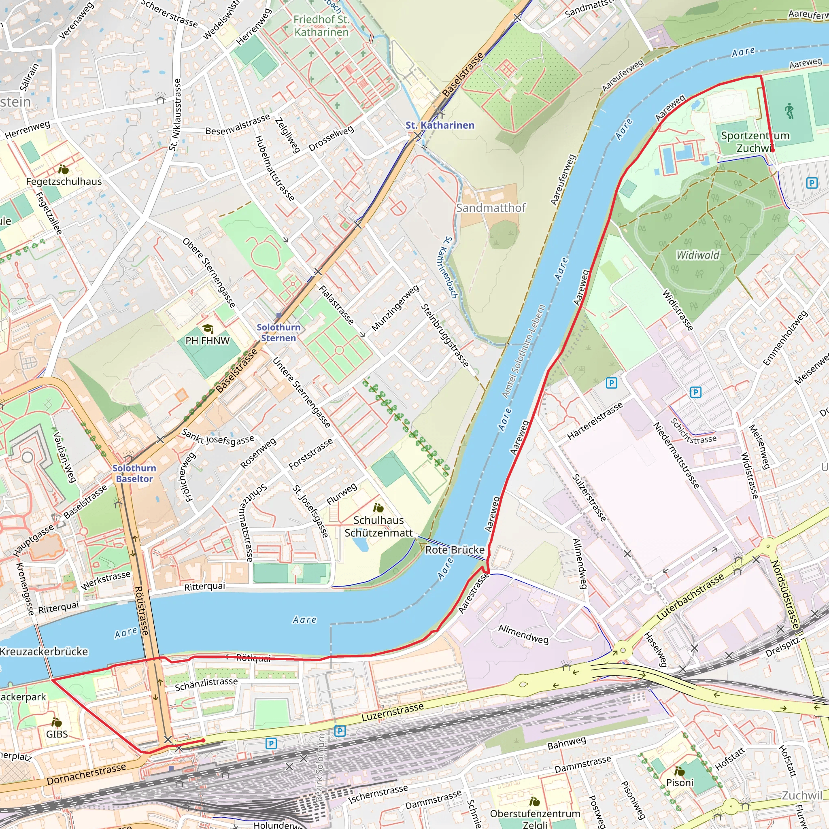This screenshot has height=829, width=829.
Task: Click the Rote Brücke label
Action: [455, 550]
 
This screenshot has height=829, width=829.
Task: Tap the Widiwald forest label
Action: [698, 255]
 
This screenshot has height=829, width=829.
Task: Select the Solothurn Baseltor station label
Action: [134, 473]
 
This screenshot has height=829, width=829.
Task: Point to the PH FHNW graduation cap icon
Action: [208, 329]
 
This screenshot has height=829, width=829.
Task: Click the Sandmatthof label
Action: [491, 208]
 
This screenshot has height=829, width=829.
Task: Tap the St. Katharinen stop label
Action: [440, 125]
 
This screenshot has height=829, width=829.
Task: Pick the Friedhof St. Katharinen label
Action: [321, 26]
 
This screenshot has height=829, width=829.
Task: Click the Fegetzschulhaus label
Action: [64, 181]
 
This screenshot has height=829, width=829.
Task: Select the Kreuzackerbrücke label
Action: [43, 651]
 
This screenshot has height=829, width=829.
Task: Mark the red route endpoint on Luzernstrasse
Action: [203, 740]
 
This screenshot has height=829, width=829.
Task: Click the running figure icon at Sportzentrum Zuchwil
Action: [789, 111]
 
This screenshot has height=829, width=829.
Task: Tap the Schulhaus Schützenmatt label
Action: [378, 527]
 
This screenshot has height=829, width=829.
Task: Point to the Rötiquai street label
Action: [253, 658]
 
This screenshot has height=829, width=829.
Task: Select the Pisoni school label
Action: [680, 782]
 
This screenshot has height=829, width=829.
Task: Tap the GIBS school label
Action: [57, 734]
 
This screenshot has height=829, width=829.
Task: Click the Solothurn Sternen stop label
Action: [278, 333]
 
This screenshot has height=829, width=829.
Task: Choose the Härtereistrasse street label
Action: [595, 421]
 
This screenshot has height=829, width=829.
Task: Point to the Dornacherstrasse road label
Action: [86, 774]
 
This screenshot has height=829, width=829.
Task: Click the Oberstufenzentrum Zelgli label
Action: [535, 818]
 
